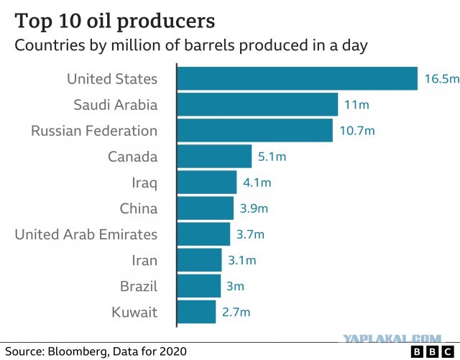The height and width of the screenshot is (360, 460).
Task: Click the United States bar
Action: (297, 78)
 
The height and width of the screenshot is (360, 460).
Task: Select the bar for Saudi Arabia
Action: (257, 104)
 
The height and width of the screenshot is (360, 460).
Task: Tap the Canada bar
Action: (214, 156)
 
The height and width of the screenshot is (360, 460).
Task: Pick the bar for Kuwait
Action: (196, 312)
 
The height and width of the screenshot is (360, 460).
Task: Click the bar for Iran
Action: (200, 260)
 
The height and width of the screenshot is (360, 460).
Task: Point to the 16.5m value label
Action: (442, 78)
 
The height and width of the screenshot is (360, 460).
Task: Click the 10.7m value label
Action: (357, 131)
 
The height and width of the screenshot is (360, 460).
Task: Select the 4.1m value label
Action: (257, 183)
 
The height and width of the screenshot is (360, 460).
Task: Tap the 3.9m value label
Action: (254, 208)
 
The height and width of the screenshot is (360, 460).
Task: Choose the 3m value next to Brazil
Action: (235, 286)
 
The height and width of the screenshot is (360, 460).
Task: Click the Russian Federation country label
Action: (94, 131)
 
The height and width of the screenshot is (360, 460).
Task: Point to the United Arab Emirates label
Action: (86, 234)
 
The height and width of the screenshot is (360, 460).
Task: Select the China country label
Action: (139, 208)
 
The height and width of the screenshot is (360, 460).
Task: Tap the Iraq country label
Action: (144, 183)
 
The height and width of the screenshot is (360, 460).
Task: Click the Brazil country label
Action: (139, 286)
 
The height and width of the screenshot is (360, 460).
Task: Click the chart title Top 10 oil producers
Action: (115, 21)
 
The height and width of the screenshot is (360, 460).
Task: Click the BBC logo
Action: (433, 352)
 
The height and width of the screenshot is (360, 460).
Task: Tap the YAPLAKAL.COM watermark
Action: (392, 339)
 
